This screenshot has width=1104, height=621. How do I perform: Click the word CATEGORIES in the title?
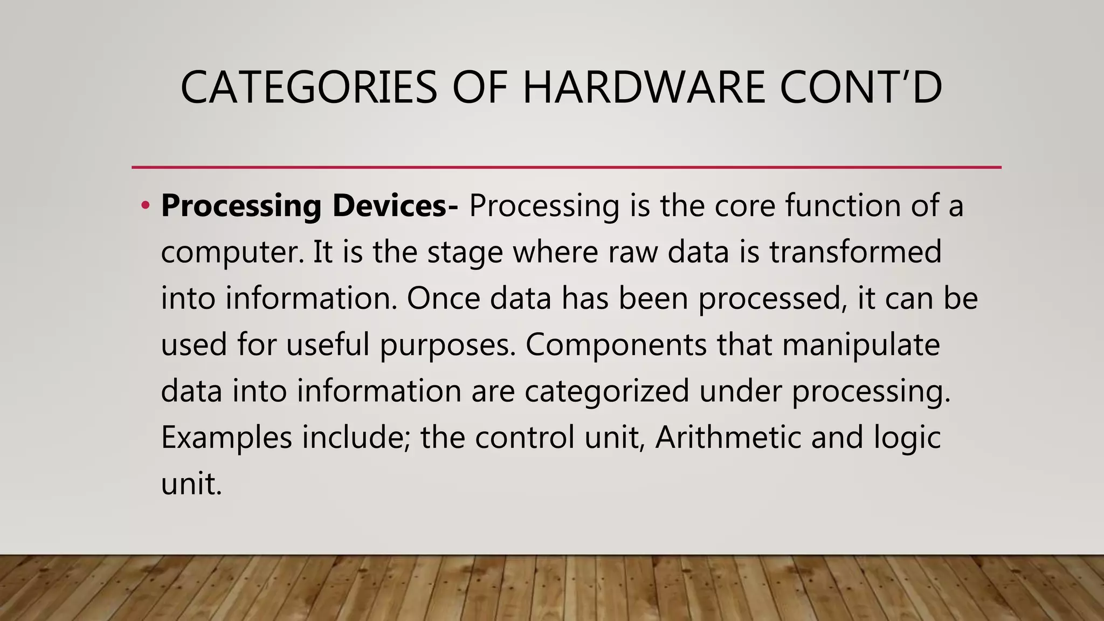pyautogui.click(x=308, y=87)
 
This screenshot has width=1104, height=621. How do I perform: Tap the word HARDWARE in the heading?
pyautogui.click(x=644, y=87)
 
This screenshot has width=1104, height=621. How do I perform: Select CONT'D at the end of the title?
pyautogui.click(x=861, y=87)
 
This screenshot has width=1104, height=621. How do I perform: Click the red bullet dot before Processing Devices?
pyautogui.click(x=144, y=205)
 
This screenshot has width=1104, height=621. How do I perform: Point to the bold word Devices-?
pyautogui.click(x=395, y=205)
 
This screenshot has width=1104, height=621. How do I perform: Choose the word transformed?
pyautogui.click(x=855, y=252)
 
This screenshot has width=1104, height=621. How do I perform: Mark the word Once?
pyautogui.click(x=443, y=298)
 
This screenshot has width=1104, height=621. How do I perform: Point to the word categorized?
pyautogui.click(x=607, y=391)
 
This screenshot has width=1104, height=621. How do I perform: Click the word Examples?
pyautogui.click(x=226, y=437)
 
